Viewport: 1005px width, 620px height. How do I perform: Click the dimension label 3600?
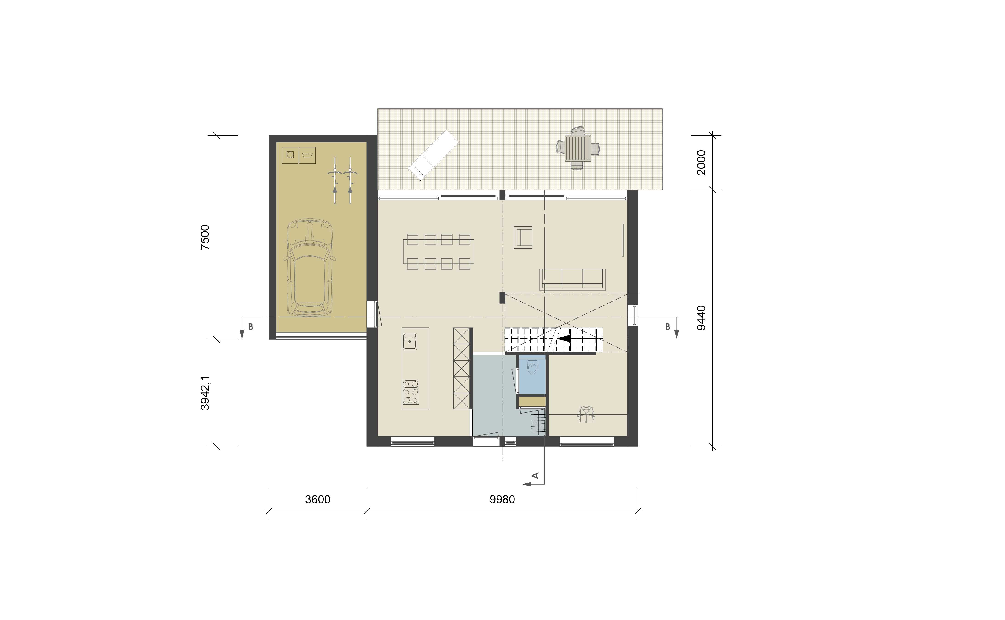click(x=318, y=500)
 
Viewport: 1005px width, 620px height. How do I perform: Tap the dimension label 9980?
click(x=502, y=500)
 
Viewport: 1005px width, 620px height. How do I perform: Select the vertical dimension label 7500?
click(x=205, y=237)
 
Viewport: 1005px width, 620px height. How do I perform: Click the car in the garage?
click(x=310, y=267)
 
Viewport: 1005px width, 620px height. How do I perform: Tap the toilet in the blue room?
click(x=532, y=367)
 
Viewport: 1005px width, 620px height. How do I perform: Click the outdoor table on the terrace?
click(x=578, y=149)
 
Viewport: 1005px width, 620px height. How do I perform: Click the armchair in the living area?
click(x=523, y=237)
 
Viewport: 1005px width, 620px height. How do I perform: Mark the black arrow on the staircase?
click(x=564, y=339)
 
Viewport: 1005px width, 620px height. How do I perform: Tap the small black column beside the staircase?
click(x=502, y=298)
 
